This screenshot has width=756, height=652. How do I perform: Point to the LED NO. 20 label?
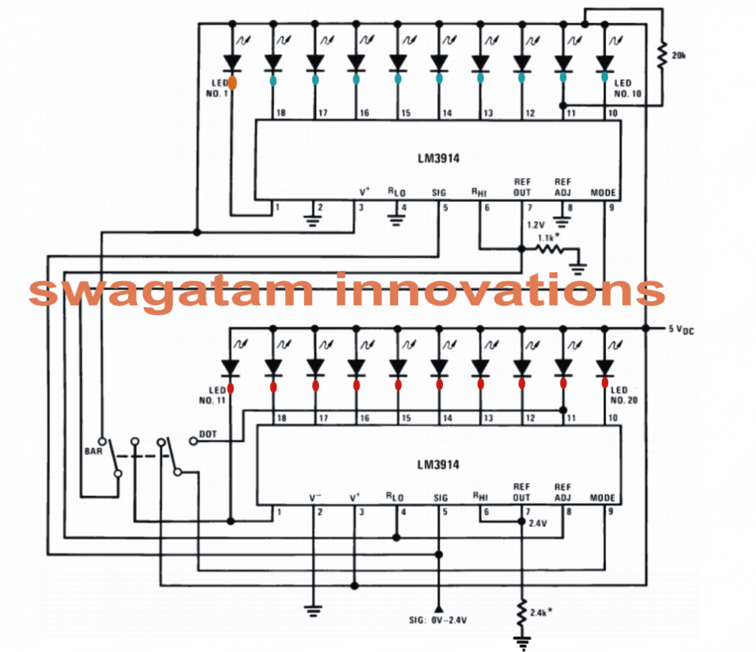tap(620, 395)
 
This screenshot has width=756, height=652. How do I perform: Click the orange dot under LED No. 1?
tap(232, 83)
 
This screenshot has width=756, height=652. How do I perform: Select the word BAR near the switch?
tap(93, 449)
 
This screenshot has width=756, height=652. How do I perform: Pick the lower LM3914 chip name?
tap(438, 465)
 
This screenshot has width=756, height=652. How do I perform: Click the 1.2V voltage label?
tap(537, 223)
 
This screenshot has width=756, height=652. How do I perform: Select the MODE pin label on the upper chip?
tap(603, 193)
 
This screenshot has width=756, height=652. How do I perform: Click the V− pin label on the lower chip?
tap(317, 498)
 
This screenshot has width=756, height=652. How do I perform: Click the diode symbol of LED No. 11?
tap(232, 367)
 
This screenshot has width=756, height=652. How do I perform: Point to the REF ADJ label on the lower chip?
tap(563, 492)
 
